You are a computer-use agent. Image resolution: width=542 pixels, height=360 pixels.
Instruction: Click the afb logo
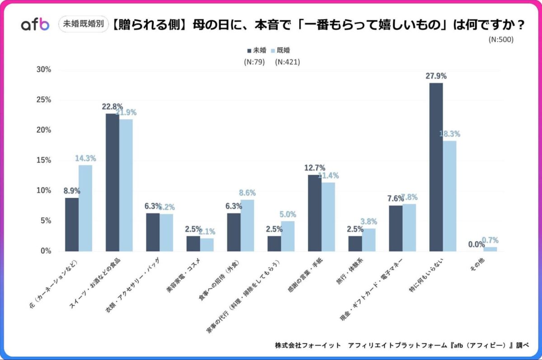coord(35,25)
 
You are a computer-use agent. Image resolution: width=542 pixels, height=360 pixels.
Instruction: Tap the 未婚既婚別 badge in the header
coord(84,25)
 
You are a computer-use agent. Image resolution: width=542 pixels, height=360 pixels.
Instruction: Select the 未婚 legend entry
coord(257,50)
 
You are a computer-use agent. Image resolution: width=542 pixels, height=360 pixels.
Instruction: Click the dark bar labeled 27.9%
coord(436,167)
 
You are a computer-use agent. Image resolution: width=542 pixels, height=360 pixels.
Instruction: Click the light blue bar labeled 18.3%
coord(449,196)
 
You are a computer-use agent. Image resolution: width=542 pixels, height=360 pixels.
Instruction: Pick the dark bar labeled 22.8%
coord(112,182)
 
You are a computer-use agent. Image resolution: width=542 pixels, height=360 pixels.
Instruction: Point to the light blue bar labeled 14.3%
coord(85,208)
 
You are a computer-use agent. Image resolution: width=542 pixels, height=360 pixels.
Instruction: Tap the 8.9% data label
coord(72,191)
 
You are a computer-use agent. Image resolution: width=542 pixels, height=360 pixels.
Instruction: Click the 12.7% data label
coord(315,168)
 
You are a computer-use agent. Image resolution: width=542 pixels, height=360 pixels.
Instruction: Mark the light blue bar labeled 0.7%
coord(490,249)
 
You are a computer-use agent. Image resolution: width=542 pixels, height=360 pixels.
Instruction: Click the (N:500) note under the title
coord(501,39)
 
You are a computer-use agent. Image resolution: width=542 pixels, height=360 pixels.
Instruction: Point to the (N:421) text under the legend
coord(287,62)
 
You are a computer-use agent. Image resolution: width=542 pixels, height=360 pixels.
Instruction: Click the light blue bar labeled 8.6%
coord(247,225)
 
